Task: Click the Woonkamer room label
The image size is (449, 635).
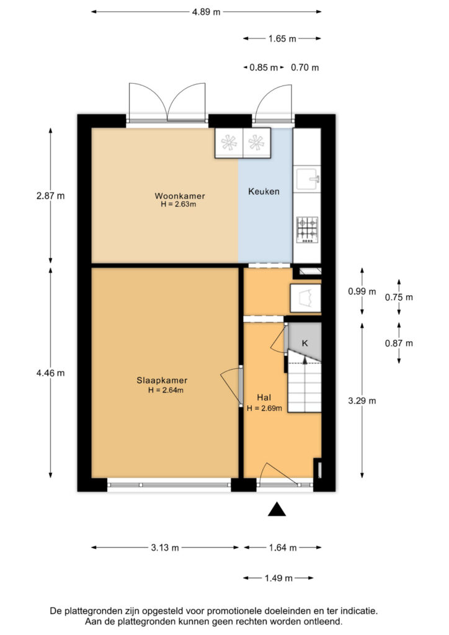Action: tap(180, 196)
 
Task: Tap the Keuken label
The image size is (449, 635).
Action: tap(264, 191)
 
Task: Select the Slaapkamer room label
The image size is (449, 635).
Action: tap(162, 380)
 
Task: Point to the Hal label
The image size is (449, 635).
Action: tap(264, 397)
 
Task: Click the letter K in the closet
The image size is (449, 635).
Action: tap(305, 343)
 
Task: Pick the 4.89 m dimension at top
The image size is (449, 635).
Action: tap(206, 12)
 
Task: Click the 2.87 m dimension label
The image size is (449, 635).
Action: tap(50, 195)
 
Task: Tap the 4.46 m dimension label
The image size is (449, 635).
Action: tap(50, 373)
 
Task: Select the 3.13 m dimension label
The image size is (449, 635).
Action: tap(165, 548)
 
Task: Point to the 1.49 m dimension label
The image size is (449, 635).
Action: tap(278, 578)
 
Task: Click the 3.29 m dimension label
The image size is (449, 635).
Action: tap(362, 401)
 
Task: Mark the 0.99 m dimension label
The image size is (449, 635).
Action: tap(362, 291)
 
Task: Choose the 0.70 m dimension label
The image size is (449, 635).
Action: tap(305, 68)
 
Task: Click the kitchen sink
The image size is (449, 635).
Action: tap(308, 179)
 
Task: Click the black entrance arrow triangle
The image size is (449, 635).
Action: tap(277, 509)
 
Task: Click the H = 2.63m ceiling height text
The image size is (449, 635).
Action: tap(179, 205)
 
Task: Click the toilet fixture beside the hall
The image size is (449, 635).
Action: tap(306, 298)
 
